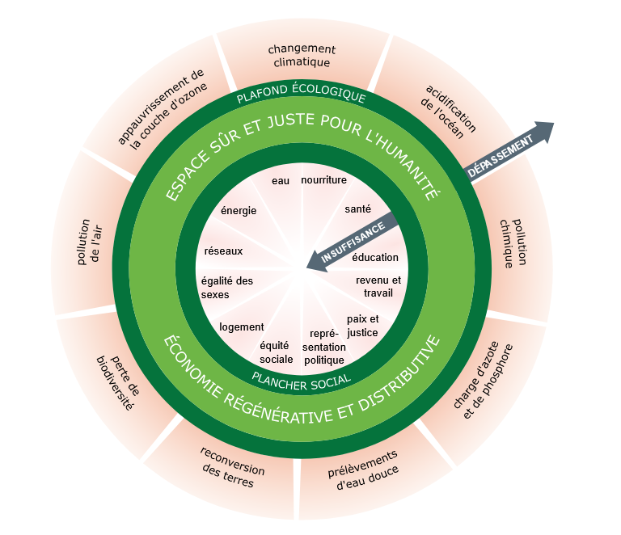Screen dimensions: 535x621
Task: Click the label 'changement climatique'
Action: [x=299, y=55]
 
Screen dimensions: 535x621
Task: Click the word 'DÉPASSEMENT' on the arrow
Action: [x=501, y=151]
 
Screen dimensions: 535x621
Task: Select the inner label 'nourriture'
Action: [x=323, y=179]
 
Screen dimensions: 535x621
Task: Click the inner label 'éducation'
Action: [x=375, y=258]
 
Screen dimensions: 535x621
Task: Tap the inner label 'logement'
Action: [x=242, y=327]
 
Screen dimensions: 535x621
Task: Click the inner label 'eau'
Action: [x=281, y=180]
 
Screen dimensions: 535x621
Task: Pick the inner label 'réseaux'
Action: [x=223, y=251]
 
